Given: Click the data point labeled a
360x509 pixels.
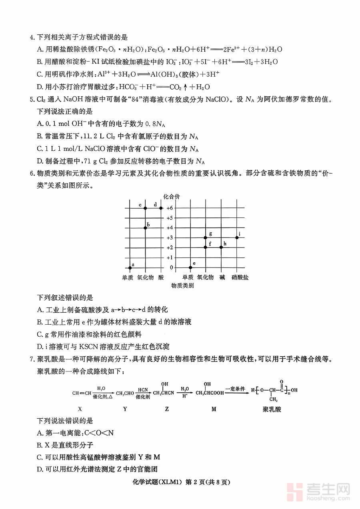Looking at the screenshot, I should (130, 267).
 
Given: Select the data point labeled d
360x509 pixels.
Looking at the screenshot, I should (161, 208).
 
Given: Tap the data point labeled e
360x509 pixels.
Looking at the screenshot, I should (190, 267).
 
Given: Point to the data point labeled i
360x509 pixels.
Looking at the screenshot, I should (237, 238).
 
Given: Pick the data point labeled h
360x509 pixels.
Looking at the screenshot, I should (221, 248).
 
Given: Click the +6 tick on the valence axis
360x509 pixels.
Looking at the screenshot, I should (170, 208).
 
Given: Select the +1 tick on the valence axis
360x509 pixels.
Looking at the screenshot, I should (170, 257).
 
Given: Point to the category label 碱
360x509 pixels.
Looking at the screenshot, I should (222, 277).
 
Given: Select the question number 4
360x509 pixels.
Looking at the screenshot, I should (32, 38).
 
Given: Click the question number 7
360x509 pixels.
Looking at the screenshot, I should (32, 359).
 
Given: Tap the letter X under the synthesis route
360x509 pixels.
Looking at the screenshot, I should (80, 409).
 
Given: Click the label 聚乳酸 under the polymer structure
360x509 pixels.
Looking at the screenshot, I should (272, 409).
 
